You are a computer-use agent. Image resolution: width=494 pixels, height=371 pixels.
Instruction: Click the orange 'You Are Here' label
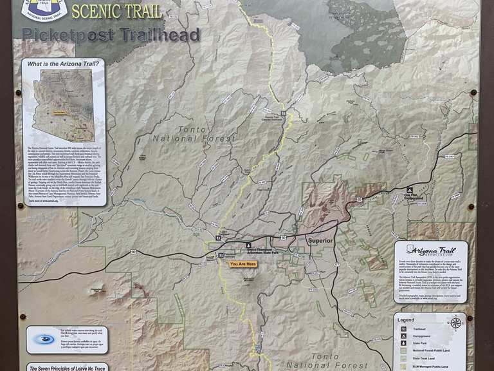click(x=242, y=264)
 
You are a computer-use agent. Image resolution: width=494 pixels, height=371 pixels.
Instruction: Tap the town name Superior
click(x=320, y=241)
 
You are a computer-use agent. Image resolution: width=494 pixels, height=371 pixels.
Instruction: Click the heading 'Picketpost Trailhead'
click(x=111, y=35)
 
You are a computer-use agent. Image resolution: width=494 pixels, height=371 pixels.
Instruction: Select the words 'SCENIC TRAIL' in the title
click(x=116, y=11)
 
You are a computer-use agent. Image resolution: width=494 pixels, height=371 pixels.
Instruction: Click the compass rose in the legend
click(x=456, y=322)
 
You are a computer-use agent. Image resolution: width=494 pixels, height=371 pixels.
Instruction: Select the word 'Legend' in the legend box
click(x=406, y=319)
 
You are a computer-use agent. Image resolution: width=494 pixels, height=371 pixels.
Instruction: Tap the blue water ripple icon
click(x=45, y=339)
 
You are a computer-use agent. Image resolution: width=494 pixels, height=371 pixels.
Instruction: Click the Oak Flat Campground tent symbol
click(x=409, y=190)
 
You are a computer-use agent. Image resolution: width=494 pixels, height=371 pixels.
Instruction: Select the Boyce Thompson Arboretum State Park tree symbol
click(x=249, y=245)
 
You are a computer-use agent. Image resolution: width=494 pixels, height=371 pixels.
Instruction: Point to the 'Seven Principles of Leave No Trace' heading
click(x=66, y=368)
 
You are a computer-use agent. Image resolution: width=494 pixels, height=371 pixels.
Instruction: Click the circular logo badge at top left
click(x=44, y=8)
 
